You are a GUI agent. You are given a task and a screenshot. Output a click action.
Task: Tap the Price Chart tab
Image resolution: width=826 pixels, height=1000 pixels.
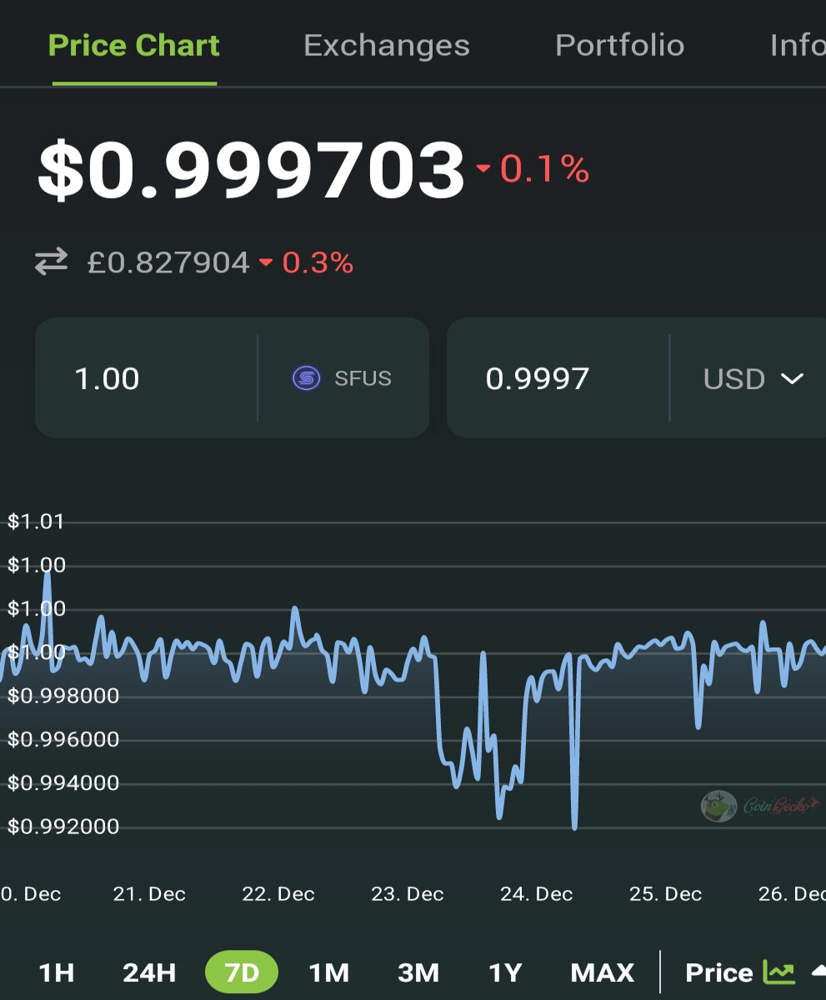click(x=133, y=46)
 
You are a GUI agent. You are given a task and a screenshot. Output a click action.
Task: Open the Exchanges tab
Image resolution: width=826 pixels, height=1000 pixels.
click(x=387, y=46)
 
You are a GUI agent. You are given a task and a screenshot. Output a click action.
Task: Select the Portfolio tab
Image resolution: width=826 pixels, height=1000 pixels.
click(x=619, y=46)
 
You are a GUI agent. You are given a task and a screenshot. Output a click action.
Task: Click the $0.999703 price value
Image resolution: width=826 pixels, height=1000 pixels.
click(x=251, y=169)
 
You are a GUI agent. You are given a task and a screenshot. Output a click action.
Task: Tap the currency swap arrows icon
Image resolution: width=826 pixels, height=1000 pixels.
click(x=52, y=262)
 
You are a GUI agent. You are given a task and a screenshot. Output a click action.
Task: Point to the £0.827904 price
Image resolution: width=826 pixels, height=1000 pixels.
click(x=168, y=262)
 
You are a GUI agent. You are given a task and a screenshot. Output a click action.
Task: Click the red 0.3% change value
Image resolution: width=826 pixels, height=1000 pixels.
click(x=318, y=262)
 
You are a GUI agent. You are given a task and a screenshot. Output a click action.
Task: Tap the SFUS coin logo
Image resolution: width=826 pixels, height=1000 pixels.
click(x=307, y=377)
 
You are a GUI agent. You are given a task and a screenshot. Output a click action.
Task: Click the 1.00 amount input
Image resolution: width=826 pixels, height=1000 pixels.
click(x=107, y=378)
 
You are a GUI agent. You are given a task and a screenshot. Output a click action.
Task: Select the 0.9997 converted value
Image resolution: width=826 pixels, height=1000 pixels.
click(x=537, y=378)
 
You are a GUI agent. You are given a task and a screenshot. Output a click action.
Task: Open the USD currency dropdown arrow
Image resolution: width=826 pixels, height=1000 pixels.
click(x=792, y=379)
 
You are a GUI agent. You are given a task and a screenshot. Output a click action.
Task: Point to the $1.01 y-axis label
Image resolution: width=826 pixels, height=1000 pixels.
click(x=36, y=521)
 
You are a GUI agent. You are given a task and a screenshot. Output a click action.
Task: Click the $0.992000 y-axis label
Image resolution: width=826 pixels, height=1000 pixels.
click(x=63, y=826)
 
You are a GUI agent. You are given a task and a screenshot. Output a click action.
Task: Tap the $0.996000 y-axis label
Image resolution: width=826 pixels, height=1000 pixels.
click(x=63, y=739)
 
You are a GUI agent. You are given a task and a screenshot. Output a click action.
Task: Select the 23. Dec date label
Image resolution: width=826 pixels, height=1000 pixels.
click(x=408, y=893)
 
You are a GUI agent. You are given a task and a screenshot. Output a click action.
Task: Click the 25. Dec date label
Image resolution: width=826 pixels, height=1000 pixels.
click(x=665, y=893)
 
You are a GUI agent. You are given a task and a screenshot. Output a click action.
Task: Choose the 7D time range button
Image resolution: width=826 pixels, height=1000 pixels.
click(x=242, y=972)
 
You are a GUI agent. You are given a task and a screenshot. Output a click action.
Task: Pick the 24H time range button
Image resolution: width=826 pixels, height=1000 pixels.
click(x=149, y=972)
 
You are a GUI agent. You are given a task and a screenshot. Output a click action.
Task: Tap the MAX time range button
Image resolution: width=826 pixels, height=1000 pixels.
click(x=603, y=972)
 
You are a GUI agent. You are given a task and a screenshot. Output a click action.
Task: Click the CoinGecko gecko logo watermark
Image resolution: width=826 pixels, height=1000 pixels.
click(x=718, y=806)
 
